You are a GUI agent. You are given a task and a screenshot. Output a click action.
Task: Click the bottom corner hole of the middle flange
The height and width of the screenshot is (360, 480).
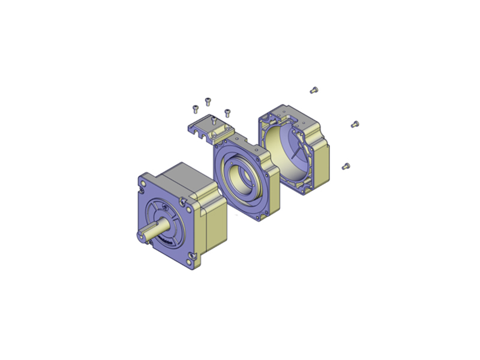point(257,218)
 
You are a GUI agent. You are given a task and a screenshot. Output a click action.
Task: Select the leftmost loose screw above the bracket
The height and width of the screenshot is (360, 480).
point(195,109)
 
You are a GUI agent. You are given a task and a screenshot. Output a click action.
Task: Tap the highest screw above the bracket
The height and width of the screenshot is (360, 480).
point(208,100)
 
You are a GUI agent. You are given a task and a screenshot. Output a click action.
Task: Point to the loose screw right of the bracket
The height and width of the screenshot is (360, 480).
point(227,112)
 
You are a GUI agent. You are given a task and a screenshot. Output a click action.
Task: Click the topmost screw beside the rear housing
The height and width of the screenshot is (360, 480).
point(313,90)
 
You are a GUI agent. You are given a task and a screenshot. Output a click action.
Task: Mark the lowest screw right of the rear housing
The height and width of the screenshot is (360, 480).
point(345,166)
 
